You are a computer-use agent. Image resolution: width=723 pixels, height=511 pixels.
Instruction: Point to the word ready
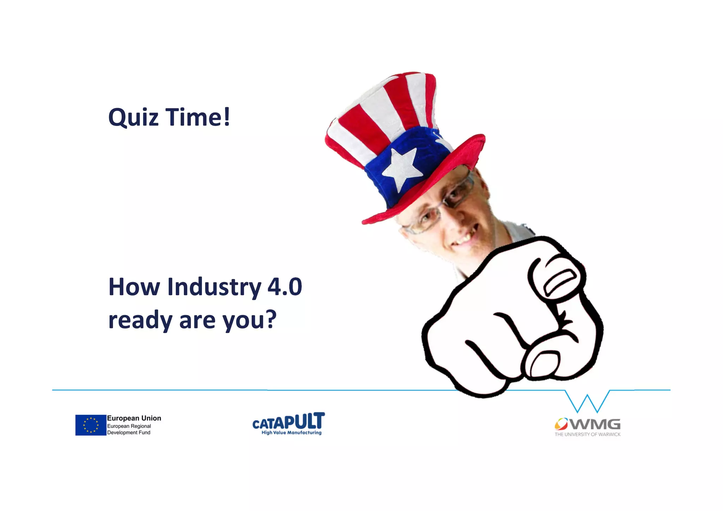tap(140, 320)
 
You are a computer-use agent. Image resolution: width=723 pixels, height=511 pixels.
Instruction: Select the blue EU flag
tap(91, 425)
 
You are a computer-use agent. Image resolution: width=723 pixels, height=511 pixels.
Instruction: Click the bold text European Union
tap(134, 418)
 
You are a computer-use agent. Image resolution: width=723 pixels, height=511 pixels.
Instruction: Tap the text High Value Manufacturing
tap(292, 433)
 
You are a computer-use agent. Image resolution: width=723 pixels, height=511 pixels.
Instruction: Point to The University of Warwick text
tap(587, 434)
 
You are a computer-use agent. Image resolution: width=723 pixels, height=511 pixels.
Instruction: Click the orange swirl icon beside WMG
tap(561, 423)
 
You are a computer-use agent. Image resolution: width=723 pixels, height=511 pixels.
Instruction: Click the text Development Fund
tap(129, 433)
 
